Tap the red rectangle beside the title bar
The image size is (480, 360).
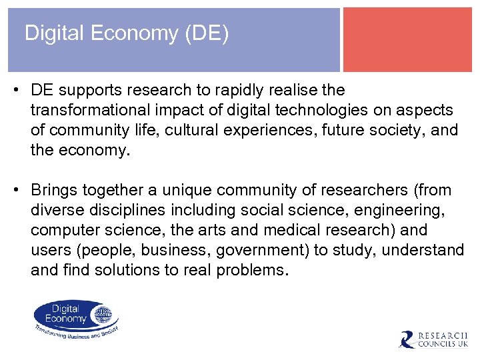coord(407,39)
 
